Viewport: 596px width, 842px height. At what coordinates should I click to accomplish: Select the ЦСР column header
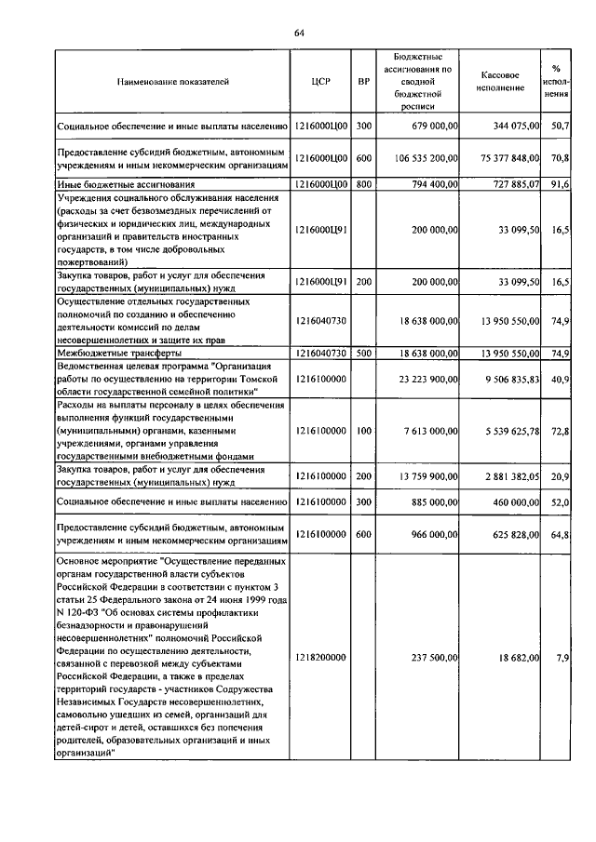[321, 83]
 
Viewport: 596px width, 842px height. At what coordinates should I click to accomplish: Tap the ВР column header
[364, 83]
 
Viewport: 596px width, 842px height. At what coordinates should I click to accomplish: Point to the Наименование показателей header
[172, 83]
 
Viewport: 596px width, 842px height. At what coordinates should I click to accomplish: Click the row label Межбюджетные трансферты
[121, 354]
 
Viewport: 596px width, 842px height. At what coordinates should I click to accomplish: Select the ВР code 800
[364, 185]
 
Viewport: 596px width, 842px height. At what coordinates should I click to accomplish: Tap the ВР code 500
[364, 354]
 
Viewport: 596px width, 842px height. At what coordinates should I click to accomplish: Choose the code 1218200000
[321, 658]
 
